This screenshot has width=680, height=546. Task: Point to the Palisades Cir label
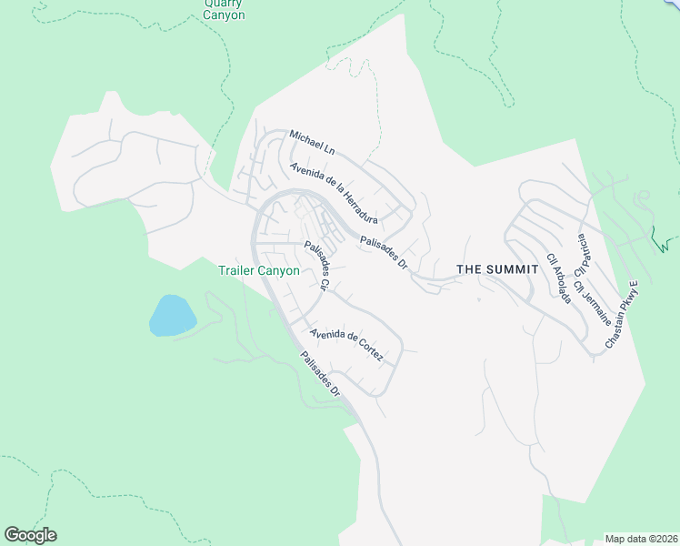(315, 265)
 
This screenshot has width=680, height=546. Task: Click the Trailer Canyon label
(258, 270)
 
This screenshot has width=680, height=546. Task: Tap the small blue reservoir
(172, 315)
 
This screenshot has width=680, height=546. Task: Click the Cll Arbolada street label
(557, 278)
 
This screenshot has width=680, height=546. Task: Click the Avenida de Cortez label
(346, 347)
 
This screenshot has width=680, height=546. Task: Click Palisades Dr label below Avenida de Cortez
(319, 373)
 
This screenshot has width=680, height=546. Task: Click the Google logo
(30, 535)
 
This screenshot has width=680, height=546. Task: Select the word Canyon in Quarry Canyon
(224, 15)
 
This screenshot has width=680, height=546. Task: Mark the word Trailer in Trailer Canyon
(236, 270)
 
